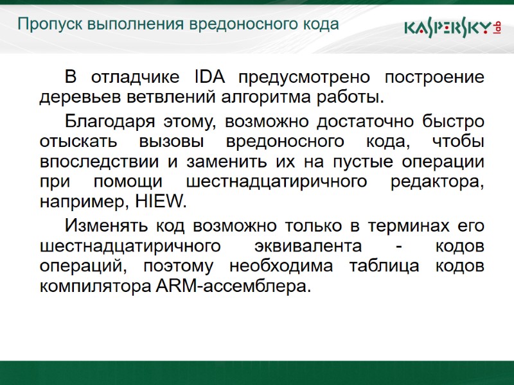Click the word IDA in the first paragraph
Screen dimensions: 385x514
tap(208, 78)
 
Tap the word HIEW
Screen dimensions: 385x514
tap(161, 203)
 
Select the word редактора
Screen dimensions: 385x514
tap(438, 182)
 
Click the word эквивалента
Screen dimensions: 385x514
tap(305, 246)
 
